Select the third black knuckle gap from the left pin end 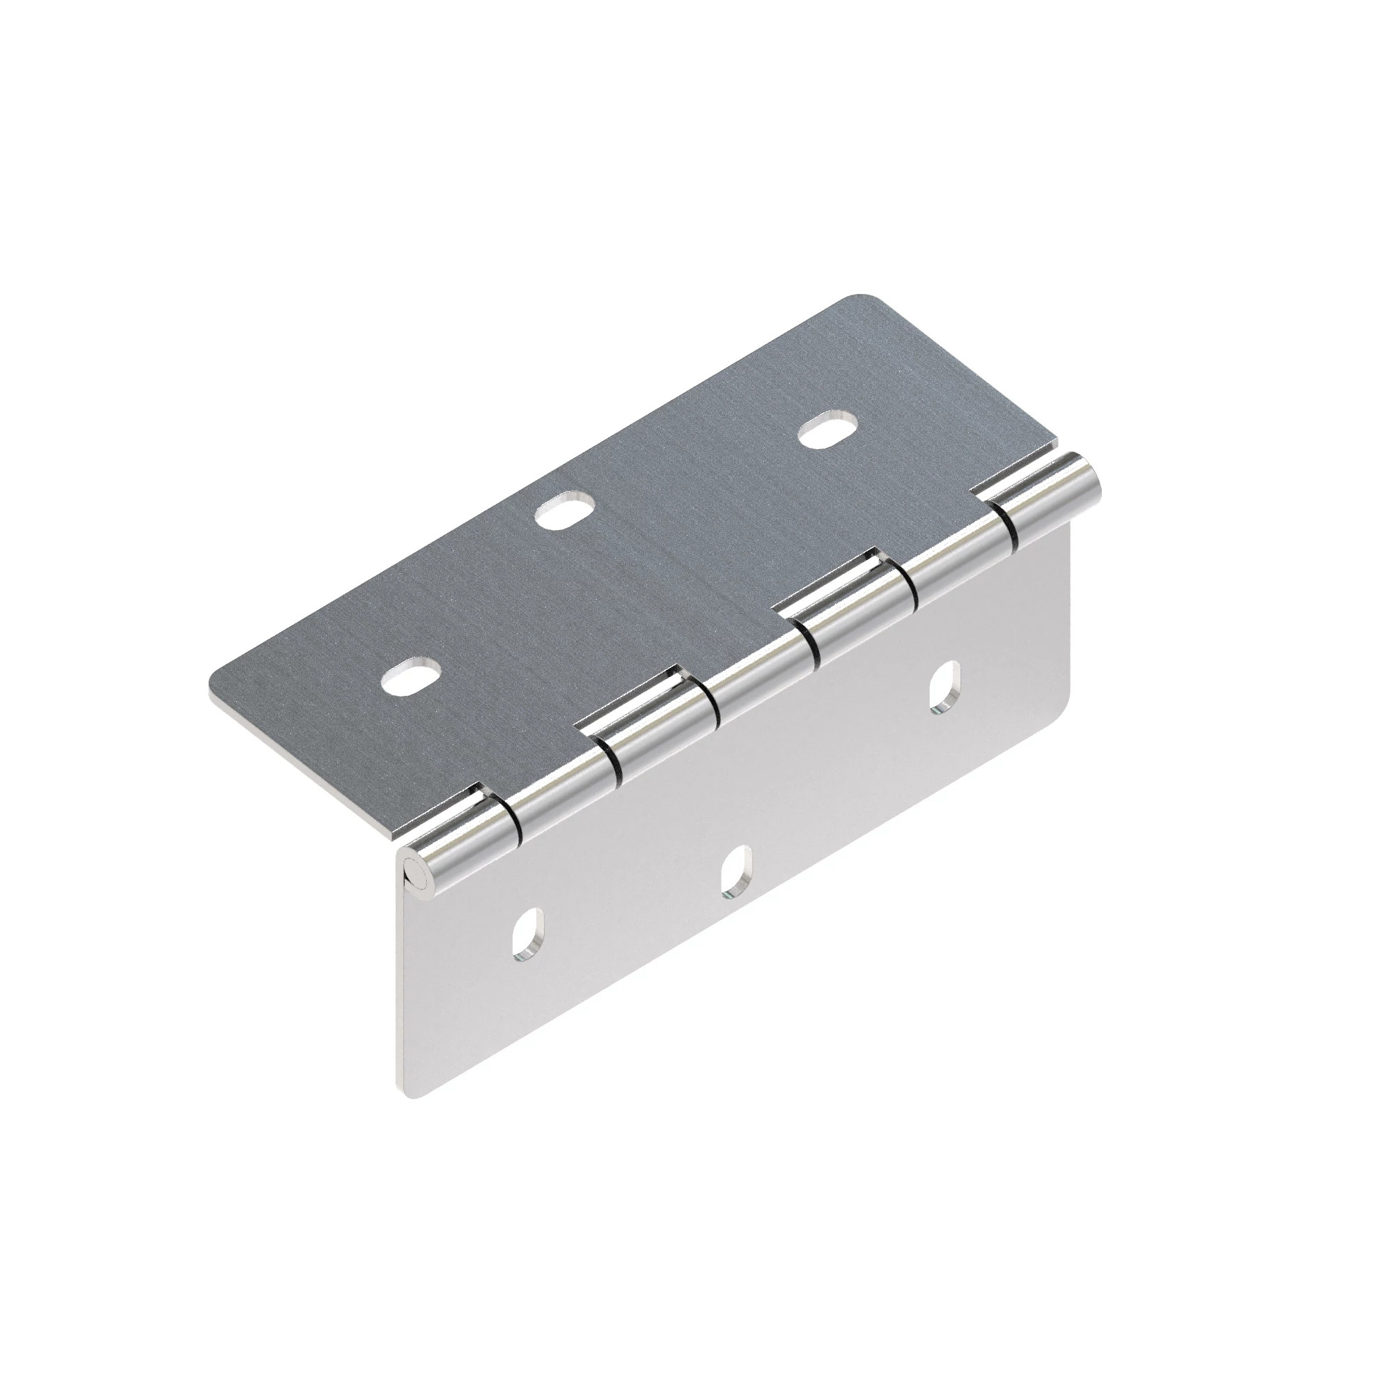coord(714,703)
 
